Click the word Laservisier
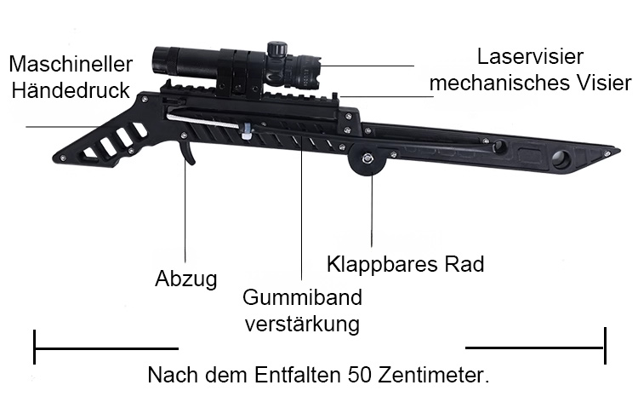(x=530, y=57)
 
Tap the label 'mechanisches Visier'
(x=531, y=83)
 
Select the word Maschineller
(x=71, y=65)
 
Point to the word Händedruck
(x=71, y=90)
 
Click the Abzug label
(x=186, y=279)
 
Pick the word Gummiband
(x=302, y=297)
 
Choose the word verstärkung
(x=302, y=325)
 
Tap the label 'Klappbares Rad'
(x=405, y=265)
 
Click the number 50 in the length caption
(x=360, y=375)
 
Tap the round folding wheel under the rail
(x=367, y=159)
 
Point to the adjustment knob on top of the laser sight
(x=277, y=48)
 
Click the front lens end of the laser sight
(x=157, y=63)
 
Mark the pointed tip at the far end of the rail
(x=619, y=152)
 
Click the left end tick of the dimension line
(x=35, y=347)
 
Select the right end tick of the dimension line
(x=605, y=346)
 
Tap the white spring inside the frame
(x=202, y=121)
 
